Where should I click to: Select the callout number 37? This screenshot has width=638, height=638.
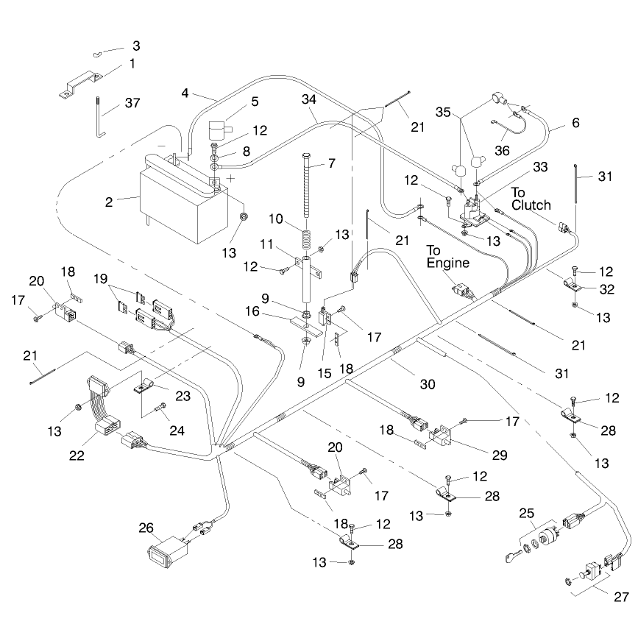pyautogui.click(x=132, y=103)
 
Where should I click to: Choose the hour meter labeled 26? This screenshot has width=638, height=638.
pyautogui.click(x=168, y=551)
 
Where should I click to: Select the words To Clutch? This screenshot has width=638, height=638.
pyautogui.click(x=531, y=199)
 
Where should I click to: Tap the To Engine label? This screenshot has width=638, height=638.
pyautogui.click(x=447, y=257)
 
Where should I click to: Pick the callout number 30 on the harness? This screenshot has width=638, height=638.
pyautogui.click(x=428, y=384)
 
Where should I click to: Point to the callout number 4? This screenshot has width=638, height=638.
pyautogui.click(x=185, y=93)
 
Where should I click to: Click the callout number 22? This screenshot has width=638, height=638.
pyautogui.click(x=77, y=456)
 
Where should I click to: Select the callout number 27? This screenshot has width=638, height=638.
pyautogui.click(x=621, y=597)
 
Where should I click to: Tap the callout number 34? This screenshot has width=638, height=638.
pyautogui.click(x=309, y=99)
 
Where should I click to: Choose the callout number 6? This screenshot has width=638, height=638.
pyautogui.click(x=575, y=122)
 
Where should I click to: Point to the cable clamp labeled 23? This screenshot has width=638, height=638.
pyautogui.click(x=143, y=386)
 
